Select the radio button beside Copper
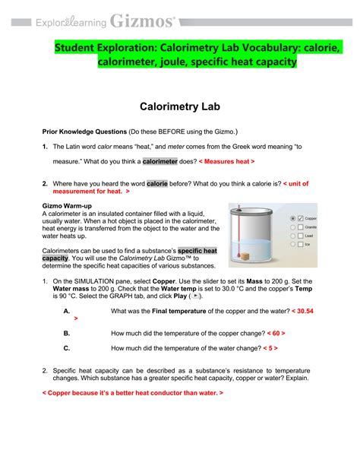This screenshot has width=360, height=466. pyautogui.click(x=292, y=219)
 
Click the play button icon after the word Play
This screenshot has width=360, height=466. pyautogui.click(x=200, y=295)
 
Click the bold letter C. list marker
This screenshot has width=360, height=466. pyautogui.click(x=68, y=348)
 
